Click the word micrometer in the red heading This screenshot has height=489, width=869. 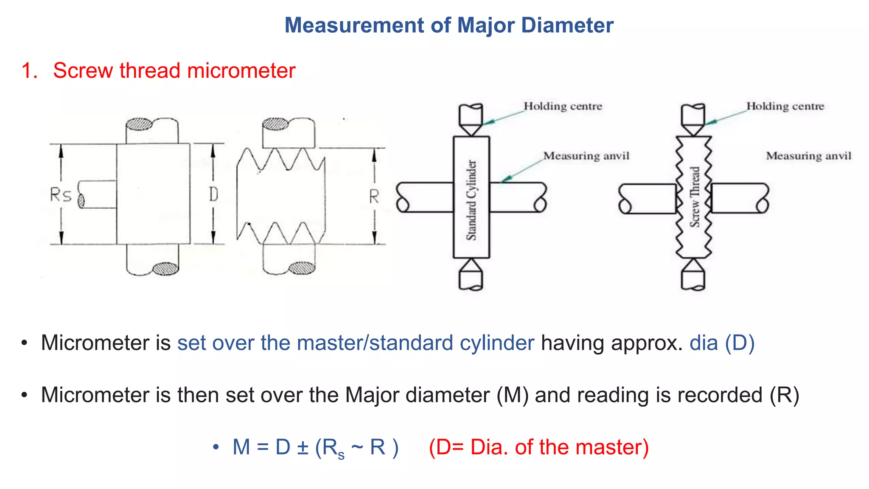[x=241, y=70]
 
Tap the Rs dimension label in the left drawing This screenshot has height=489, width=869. [x=60, y=195]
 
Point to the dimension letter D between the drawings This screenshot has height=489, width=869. [x=213, y=194]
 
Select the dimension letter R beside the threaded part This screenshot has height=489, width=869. [x=373, y=197]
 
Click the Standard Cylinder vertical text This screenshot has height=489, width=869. [x=471, y=200]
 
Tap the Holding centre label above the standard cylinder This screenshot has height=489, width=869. [x=563, y=106]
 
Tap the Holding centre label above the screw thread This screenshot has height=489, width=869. [x=785, y=106]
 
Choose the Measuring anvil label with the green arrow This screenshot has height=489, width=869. [x=586, y=156]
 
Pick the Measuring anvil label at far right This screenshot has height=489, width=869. [x=808, y=156]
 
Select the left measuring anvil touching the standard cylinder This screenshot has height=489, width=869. [x=424, y=197]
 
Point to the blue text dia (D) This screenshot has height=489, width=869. [x=722, y=343]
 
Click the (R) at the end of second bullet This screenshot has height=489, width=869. [x=784, y=395]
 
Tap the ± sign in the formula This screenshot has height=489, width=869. [x=303, y=447]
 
